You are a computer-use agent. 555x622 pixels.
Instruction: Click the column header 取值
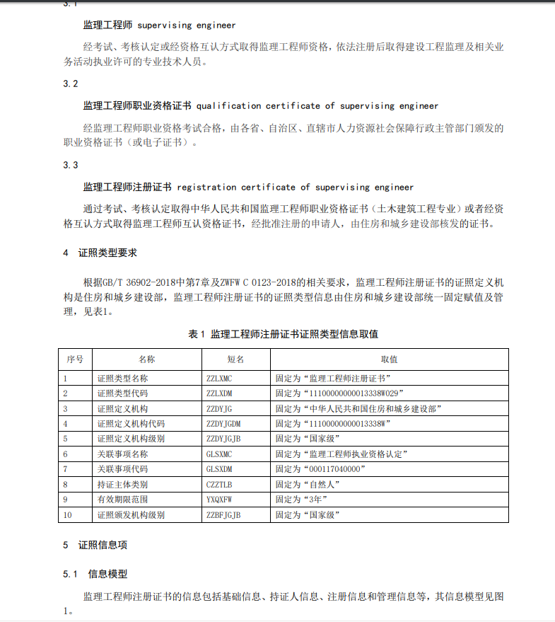pyautogui.click(x=389, y=359)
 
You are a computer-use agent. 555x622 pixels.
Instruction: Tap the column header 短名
pyautogui.click(x=235, y=359)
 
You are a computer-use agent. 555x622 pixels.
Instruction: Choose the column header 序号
pyautogui.click(x=75, y=359)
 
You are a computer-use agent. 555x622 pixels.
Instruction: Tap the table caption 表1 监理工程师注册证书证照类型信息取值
pyautogui.click(x=283, y=334)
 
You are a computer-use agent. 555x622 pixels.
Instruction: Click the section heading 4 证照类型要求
pyautogui.click(x=100, y=253)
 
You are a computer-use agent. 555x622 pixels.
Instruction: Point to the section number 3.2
pyautogui.click(x=70, y=83)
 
